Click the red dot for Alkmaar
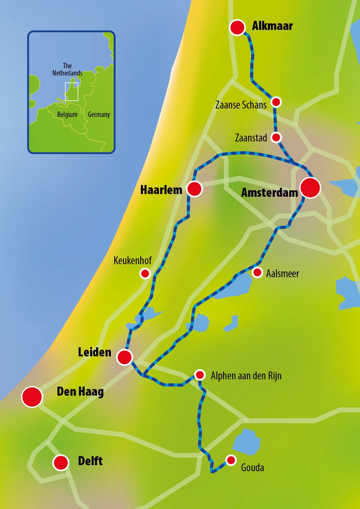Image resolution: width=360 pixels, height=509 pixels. pos(237,28)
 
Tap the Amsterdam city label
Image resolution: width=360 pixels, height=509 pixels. pos(269,193)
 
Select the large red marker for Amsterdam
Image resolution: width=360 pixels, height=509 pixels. pos(310,188)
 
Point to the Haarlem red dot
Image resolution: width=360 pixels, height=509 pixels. pos(194,189)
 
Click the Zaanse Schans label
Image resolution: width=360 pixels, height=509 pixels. pos(241,105)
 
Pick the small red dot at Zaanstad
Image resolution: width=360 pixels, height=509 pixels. pos(276,138)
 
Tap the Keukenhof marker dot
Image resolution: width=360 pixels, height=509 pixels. pos(145,274)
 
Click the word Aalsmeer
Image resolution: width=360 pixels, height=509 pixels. pos(282,274)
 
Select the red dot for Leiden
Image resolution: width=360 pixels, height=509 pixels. pos(125,357)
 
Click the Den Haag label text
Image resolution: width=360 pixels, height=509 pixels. pos(80,392)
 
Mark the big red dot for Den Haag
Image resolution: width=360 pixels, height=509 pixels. pos(32,397)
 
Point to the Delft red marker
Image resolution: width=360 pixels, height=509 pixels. pos(61,462)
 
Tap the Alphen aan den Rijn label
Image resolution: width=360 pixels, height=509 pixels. pos(246,376)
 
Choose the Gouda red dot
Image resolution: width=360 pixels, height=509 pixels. pos(231,460)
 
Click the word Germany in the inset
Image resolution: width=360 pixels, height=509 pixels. pos(99,115)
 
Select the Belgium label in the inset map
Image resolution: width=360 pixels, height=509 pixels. pos(67,115)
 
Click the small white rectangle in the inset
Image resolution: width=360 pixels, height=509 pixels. pos(72,92)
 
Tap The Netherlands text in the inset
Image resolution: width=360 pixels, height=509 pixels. pos(67,70)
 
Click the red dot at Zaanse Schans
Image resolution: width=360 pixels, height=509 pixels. pos(276,102)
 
